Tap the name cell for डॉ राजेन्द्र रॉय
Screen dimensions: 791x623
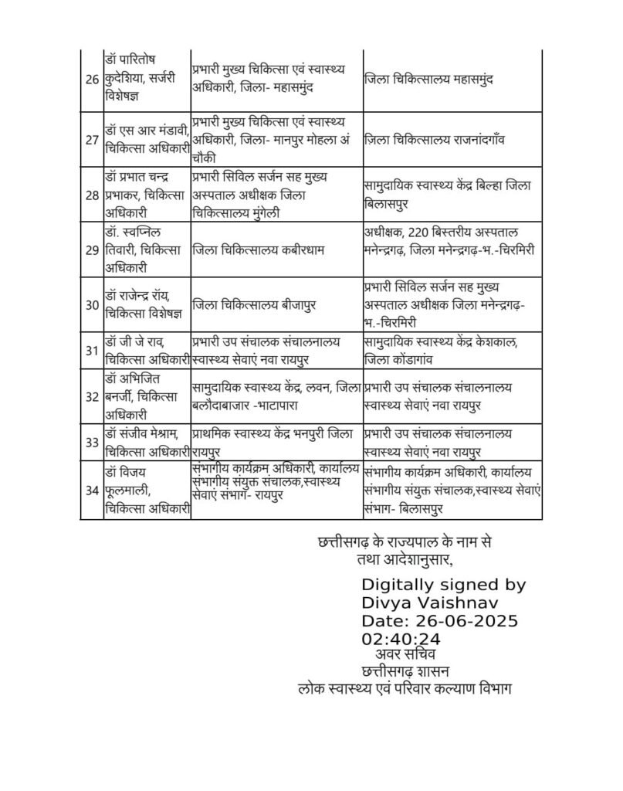click(146, 304)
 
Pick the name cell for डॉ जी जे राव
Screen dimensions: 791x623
click(147, 350)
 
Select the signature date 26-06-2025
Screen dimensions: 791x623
click(438, 620)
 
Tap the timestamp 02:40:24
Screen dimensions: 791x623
click(401, 639)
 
